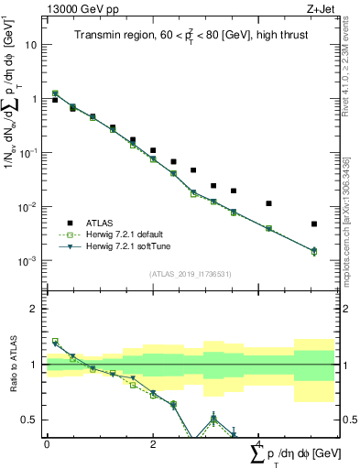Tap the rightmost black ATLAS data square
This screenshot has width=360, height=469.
click(x=314, y=224)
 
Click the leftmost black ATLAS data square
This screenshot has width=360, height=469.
click(x=55, y=100)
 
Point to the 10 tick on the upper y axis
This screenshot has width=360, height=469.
click(x=32, y=44)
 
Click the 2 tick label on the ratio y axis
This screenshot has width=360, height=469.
click(x=35, y=309)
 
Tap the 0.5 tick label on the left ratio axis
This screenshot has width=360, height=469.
click(x=31, y=420)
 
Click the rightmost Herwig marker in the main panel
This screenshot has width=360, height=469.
click(x=314, y=251)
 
